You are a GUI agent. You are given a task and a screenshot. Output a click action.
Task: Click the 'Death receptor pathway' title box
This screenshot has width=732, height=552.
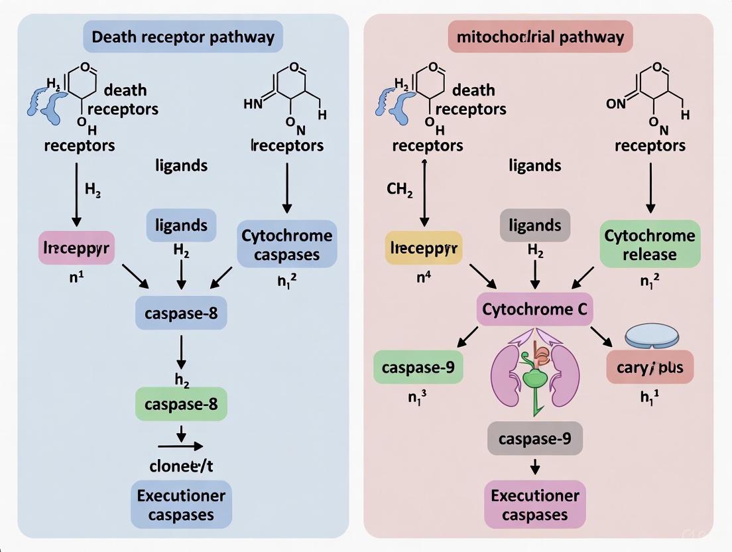(x=183, y=36)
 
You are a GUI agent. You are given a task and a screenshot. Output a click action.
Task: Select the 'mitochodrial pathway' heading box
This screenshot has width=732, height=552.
(x=540, y=36)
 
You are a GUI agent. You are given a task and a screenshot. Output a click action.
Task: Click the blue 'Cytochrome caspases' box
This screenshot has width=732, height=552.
(x=286, y=244)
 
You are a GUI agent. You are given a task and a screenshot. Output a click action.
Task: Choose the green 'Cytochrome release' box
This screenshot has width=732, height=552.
(x=650, y=244)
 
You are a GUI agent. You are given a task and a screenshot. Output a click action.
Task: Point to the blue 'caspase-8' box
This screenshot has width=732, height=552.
(x=181, y=313)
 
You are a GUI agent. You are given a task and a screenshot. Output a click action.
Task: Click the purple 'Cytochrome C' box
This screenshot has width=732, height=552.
(x=534, y=309)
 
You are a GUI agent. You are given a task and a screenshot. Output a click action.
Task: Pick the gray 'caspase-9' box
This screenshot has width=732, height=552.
(x=534, y=439)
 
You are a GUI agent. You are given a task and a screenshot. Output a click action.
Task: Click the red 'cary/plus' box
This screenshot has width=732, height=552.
(x=650, y=367)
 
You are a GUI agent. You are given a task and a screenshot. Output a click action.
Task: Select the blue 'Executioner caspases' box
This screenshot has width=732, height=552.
(x=181, y=505)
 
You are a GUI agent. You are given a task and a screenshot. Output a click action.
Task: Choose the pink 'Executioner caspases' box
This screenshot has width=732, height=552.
(x=534, y=505)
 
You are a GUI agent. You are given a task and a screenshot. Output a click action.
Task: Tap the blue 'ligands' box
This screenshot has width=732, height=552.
(x=181, y=225)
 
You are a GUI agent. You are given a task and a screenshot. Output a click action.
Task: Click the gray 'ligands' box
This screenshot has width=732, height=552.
(x=534, y=225)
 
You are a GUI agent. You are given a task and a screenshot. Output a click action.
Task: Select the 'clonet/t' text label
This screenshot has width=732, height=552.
(x=181, y=466)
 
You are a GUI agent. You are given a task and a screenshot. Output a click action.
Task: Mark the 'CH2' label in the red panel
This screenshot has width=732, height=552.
(x=400, y=189)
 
